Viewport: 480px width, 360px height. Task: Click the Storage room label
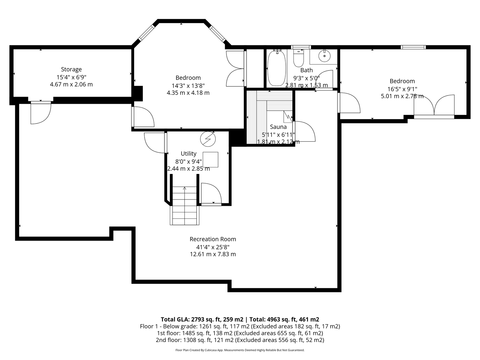pyautogui.click(x=71, y=69)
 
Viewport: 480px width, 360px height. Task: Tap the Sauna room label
pyautogui.click(x=278, y=127)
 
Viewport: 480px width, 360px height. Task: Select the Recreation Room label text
pyautogui.click(x=213, y=239)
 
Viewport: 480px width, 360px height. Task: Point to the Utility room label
pyautogui.click(x=188, y=153)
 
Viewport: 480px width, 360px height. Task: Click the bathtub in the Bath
pyautogui.click(x=277, y=68)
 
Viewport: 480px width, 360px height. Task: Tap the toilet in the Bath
pyautogui.click(x=298, y=58)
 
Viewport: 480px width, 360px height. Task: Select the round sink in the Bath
pyautogui.click(x=324, y=56)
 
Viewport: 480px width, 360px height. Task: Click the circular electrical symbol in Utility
pyautogui.click(x=208, y=139)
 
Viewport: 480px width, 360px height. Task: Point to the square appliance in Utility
pyautogui.click(x=210, y=160)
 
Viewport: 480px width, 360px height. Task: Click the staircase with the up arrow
pyautogui.click(x=184, y=205)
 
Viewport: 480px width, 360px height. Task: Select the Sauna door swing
pyautogui.click(x=304, y=131)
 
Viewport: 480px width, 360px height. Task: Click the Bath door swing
pyautogui.click(x=324, y=80)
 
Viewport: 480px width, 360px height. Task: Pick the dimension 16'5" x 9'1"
pyautogui.click(x=402, y=89)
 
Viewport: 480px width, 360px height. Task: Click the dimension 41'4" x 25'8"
pyautogui.click(x=213, y=247)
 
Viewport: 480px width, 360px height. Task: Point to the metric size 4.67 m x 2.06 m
pyautogui.click(x=71, y=84)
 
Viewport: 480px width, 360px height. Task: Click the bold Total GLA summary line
pyautogui.click(x=240, y=319)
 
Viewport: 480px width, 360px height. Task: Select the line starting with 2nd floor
pyautogui.click(x=240, y=340)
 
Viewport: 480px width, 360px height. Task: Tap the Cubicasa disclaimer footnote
pyautogui.click(x=240, y=350)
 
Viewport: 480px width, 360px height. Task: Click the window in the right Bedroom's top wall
pyautogui.click(x=413, y=47)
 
